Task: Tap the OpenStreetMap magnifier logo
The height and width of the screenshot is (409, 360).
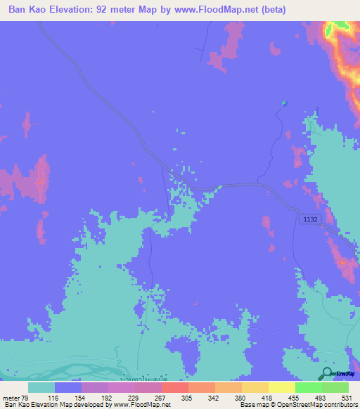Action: (327, 374)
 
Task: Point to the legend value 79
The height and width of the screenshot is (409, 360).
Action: (29, 397)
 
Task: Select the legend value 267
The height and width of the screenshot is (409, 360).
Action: (161, 397)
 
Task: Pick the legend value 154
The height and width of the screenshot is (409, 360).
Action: (82, 397)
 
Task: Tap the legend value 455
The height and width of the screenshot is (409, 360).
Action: (294, 397)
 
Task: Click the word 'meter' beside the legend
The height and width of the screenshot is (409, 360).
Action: (11, 397)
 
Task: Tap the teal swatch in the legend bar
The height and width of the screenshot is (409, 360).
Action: (41, 387)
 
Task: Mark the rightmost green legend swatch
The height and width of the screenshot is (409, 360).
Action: (335, 387)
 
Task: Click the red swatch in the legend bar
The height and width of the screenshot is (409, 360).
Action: (174, 387)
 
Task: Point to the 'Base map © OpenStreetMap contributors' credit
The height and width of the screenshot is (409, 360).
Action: (297, 405)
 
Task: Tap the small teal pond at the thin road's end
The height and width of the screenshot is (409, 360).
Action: (284, 103)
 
